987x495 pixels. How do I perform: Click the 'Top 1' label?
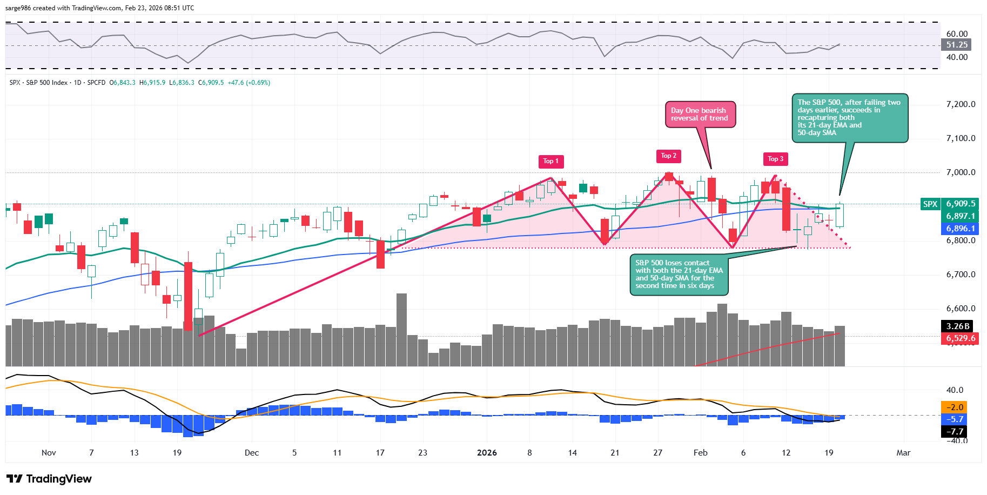point(550,161)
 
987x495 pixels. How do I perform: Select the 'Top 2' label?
point(668,156)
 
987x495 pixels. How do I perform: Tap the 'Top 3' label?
point(775,159)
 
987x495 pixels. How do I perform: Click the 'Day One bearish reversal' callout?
point(700,115)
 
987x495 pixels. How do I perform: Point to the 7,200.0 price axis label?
point(961,104)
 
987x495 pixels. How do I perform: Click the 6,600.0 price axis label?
point(961,309)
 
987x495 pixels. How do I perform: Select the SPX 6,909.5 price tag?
point(960,204)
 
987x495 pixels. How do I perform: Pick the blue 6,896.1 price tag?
point(960,229)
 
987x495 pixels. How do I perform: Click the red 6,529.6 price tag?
point(960,338)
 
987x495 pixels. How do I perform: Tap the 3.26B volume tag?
point(958,326)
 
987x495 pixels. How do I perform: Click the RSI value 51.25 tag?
point(956,45)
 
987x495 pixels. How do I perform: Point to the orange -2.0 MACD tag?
point(955,407)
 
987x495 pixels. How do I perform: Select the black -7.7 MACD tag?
point(955,431)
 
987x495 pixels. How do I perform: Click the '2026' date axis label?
point(487,453)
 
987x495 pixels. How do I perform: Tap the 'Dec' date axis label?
point(252,453)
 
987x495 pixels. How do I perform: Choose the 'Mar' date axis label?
point(903,453)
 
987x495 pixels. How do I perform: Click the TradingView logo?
point(49,479)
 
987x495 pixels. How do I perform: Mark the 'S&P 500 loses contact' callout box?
point(679,275)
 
